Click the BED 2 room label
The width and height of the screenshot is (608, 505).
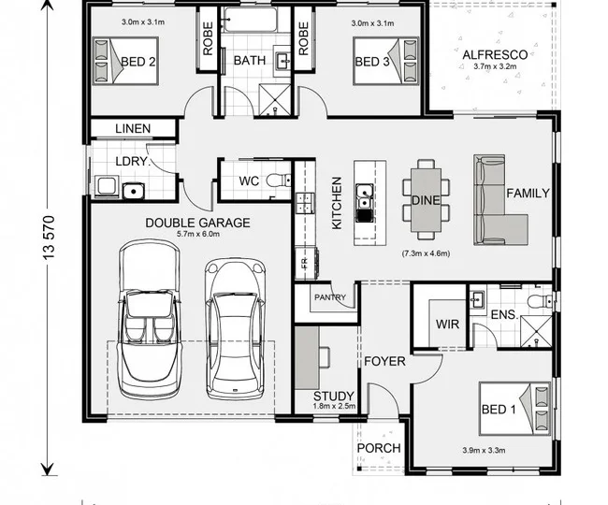coord(138,62)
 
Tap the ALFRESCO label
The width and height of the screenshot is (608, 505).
coord(495,54)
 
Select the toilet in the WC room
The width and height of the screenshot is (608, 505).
coord(278,180)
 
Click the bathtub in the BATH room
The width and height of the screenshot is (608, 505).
coord(251,20)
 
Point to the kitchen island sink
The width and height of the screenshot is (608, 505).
coord(365,196)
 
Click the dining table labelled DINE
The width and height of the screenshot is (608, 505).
coord(427,200)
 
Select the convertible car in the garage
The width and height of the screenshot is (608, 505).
coord(150,319)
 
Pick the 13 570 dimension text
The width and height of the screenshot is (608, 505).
coord(50,238)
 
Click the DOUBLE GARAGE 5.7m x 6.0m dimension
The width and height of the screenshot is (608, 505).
coord(198,234)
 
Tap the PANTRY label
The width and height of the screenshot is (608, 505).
coord(330,297)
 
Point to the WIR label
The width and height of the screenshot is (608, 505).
coord(447,324)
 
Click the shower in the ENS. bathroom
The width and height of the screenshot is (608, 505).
coord(536,331)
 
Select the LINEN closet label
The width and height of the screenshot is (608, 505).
coord(133,129)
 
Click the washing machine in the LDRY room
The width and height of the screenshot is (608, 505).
coord(107,186)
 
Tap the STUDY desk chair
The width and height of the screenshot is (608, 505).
coord(325,356)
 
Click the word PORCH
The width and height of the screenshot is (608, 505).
coord(379,448)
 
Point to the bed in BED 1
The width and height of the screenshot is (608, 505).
coord(515,409)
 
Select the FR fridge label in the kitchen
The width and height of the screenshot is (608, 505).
coord(304,263)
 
